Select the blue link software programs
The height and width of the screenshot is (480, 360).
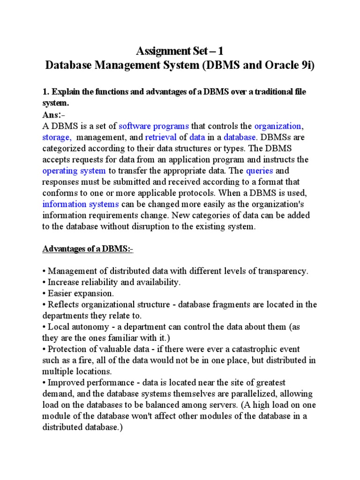(154, 126)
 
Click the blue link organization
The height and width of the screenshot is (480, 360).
(277, 126)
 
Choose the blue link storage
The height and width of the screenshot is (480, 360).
(57, 137)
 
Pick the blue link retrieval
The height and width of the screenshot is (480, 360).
(160, 137)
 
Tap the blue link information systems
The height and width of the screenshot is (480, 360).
(81, 204)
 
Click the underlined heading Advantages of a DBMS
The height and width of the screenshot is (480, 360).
(88, 249)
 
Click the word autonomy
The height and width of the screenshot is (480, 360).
(85, 327)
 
